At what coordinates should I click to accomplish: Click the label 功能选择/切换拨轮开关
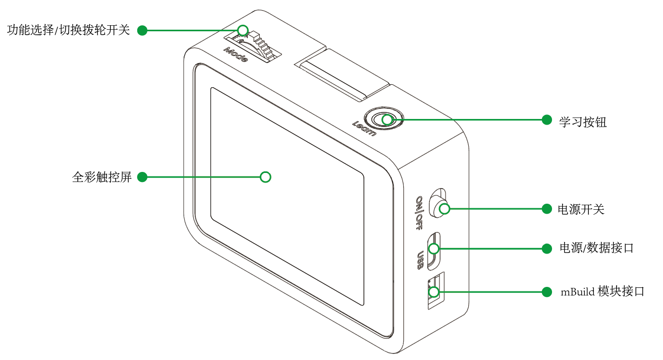69,30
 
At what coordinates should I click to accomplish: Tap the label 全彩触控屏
102,177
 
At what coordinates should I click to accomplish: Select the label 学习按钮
583,122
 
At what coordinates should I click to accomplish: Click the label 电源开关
581,209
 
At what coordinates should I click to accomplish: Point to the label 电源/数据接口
596,248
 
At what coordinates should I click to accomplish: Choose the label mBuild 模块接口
602,291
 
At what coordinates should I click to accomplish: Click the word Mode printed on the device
236,54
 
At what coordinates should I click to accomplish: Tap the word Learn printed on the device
364,129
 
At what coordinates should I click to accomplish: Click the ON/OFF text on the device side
419,213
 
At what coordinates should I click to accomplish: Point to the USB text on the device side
420,260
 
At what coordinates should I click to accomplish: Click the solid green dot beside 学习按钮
546,120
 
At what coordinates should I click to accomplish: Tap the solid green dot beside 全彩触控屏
142,177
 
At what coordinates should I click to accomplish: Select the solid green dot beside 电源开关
546,209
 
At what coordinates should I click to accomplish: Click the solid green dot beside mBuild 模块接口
546,292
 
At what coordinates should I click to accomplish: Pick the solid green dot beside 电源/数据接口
546,249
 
